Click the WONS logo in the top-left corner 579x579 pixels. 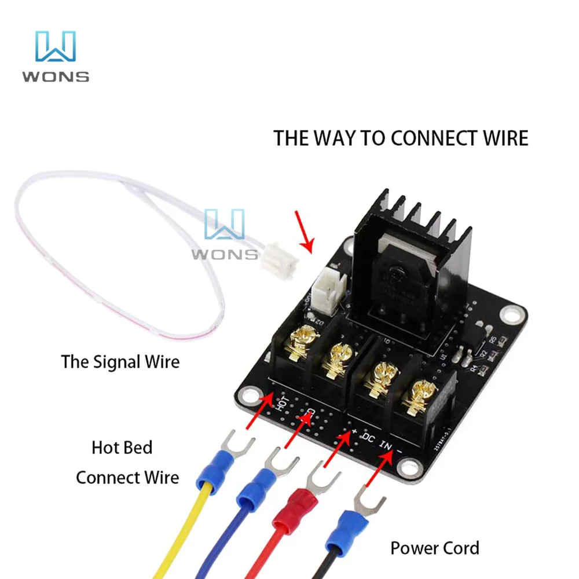click(x=56, y=56)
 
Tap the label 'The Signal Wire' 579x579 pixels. click(x=120, y=362)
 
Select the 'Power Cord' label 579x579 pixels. click(x=434, y=548)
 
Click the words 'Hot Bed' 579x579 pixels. click(x=122, y=448)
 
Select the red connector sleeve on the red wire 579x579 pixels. click(x=293, y=511)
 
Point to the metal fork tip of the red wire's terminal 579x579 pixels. click(x=320, y=474)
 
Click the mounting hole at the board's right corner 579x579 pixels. click(x=511, y=315)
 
